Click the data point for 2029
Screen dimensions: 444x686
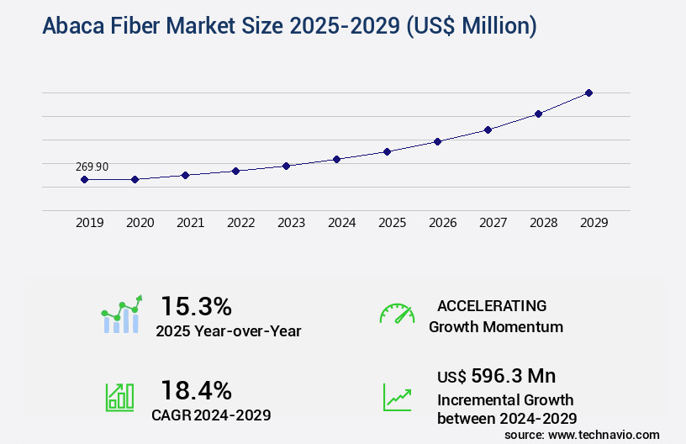pyautogui.click(x=588, y=92)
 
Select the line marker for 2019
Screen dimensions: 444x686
pyautogui.click(x=84, y=179)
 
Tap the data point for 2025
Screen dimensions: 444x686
pyautogui.click(x=387, y=151)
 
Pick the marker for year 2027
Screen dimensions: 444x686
pyautogui.click(x=488, y=129)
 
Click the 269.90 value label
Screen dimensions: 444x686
pyautogui.click(x=92, y=166)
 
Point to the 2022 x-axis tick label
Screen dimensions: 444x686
pyautogui.click(x=240, y=223)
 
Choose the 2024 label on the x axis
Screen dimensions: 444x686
pyautogui.click(x=341, y=223)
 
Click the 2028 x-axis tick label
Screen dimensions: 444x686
pyautogui.click(x=543, y=223)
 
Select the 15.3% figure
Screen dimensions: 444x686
pyautogui.click(x=196, y=305)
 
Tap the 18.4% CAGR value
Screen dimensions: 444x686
pyautogui.click(x=196, y=389)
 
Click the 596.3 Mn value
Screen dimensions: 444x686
pyautogui.click(x=513, y=375)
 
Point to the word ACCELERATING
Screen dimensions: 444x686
pyautogui.click(x=492, y=305)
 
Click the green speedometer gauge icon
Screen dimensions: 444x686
pyautogui.click(x=397, y=314)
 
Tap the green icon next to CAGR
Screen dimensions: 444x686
pyautogui.click(x=119, y=397)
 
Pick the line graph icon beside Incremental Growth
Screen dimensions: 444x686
pyautogui.click(x=397, y=397)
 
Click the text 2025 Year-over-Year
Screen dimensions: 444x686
pyautogui.click(x=228, y=331)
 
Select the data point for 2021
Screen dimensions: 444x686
pyautogui.click(x=185, y=175)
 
